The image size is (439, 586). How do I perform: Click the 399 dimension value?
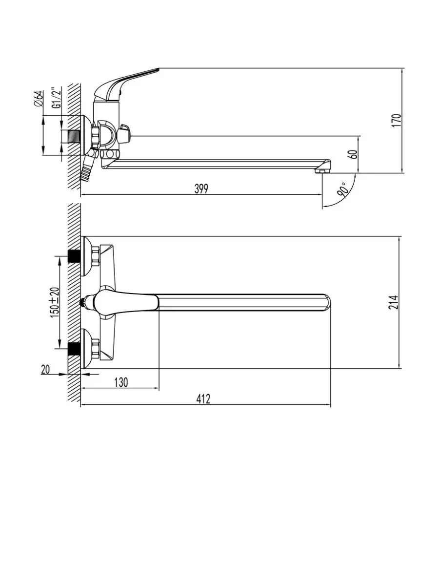pyautogui.click(x=201, y=188)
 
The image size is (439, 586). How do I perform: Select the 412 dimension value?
pyautogui.click(x=203, y=399)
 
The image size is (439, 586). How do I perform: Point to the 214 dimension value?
pyautogui.click(x=394, y=302)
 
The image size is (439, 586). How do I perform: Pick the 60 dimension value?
pyautogui.click(x=354, y=154)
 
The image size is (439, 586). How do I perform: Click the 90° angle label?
pyautogui.click(x=341, y=189)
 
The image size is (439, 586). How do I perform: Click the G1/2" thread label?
pyautogui.click(x=57, y=98)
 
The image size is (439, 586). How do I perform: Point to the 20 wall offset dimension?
pyautogui.click(x=45, y=370)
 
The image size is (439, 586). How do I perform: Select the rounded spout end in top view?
pyautogui.click(x=326, y=302)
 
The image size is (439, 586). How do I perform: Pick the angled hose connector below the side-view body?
pyautogui.click(x=87, y=169)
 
